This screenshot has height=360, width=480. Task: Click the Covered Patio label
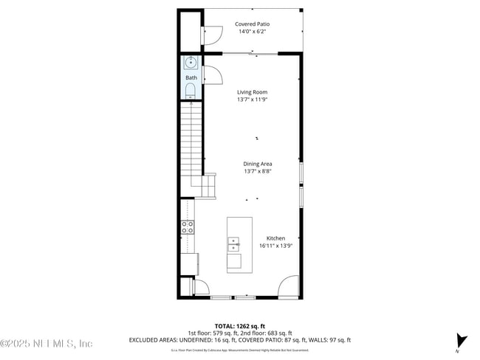(x=252, y=24)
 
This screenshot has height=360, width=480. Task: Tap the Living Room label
(x=252, y=92)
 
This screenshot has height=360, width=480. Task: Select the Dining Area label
(x=258, y=164)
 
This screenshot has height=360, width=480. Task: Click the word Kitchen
(x=275, y=238)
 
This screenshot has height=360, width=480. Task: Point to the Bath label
(x=191, y=77)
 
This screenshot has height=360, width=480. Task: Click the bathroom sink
(x=191, y=63)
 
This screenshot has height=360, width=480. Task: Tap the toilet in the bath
(x=191, y=91)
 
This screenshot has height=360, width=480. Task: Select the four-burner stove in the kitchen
(x=188, y=226)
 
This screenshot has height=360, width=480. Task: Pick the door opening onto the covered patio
(x=212, y=33)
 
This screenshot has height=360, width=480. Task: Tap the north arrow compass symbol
(x=462, y=341)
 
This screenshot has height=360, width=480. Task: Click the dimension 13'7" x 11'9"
(x=252, y=100)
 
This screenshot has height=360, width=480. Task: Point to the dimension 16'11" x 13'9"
(x=272, y=246)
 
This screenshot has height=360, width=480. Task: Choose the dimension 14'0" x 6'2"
(x=252, y=32)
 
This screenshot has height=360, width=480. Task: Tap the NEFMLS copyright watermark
(x=46, y=344)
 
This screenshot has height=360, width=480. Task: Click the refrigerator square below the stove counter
(x=191, y=263)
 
